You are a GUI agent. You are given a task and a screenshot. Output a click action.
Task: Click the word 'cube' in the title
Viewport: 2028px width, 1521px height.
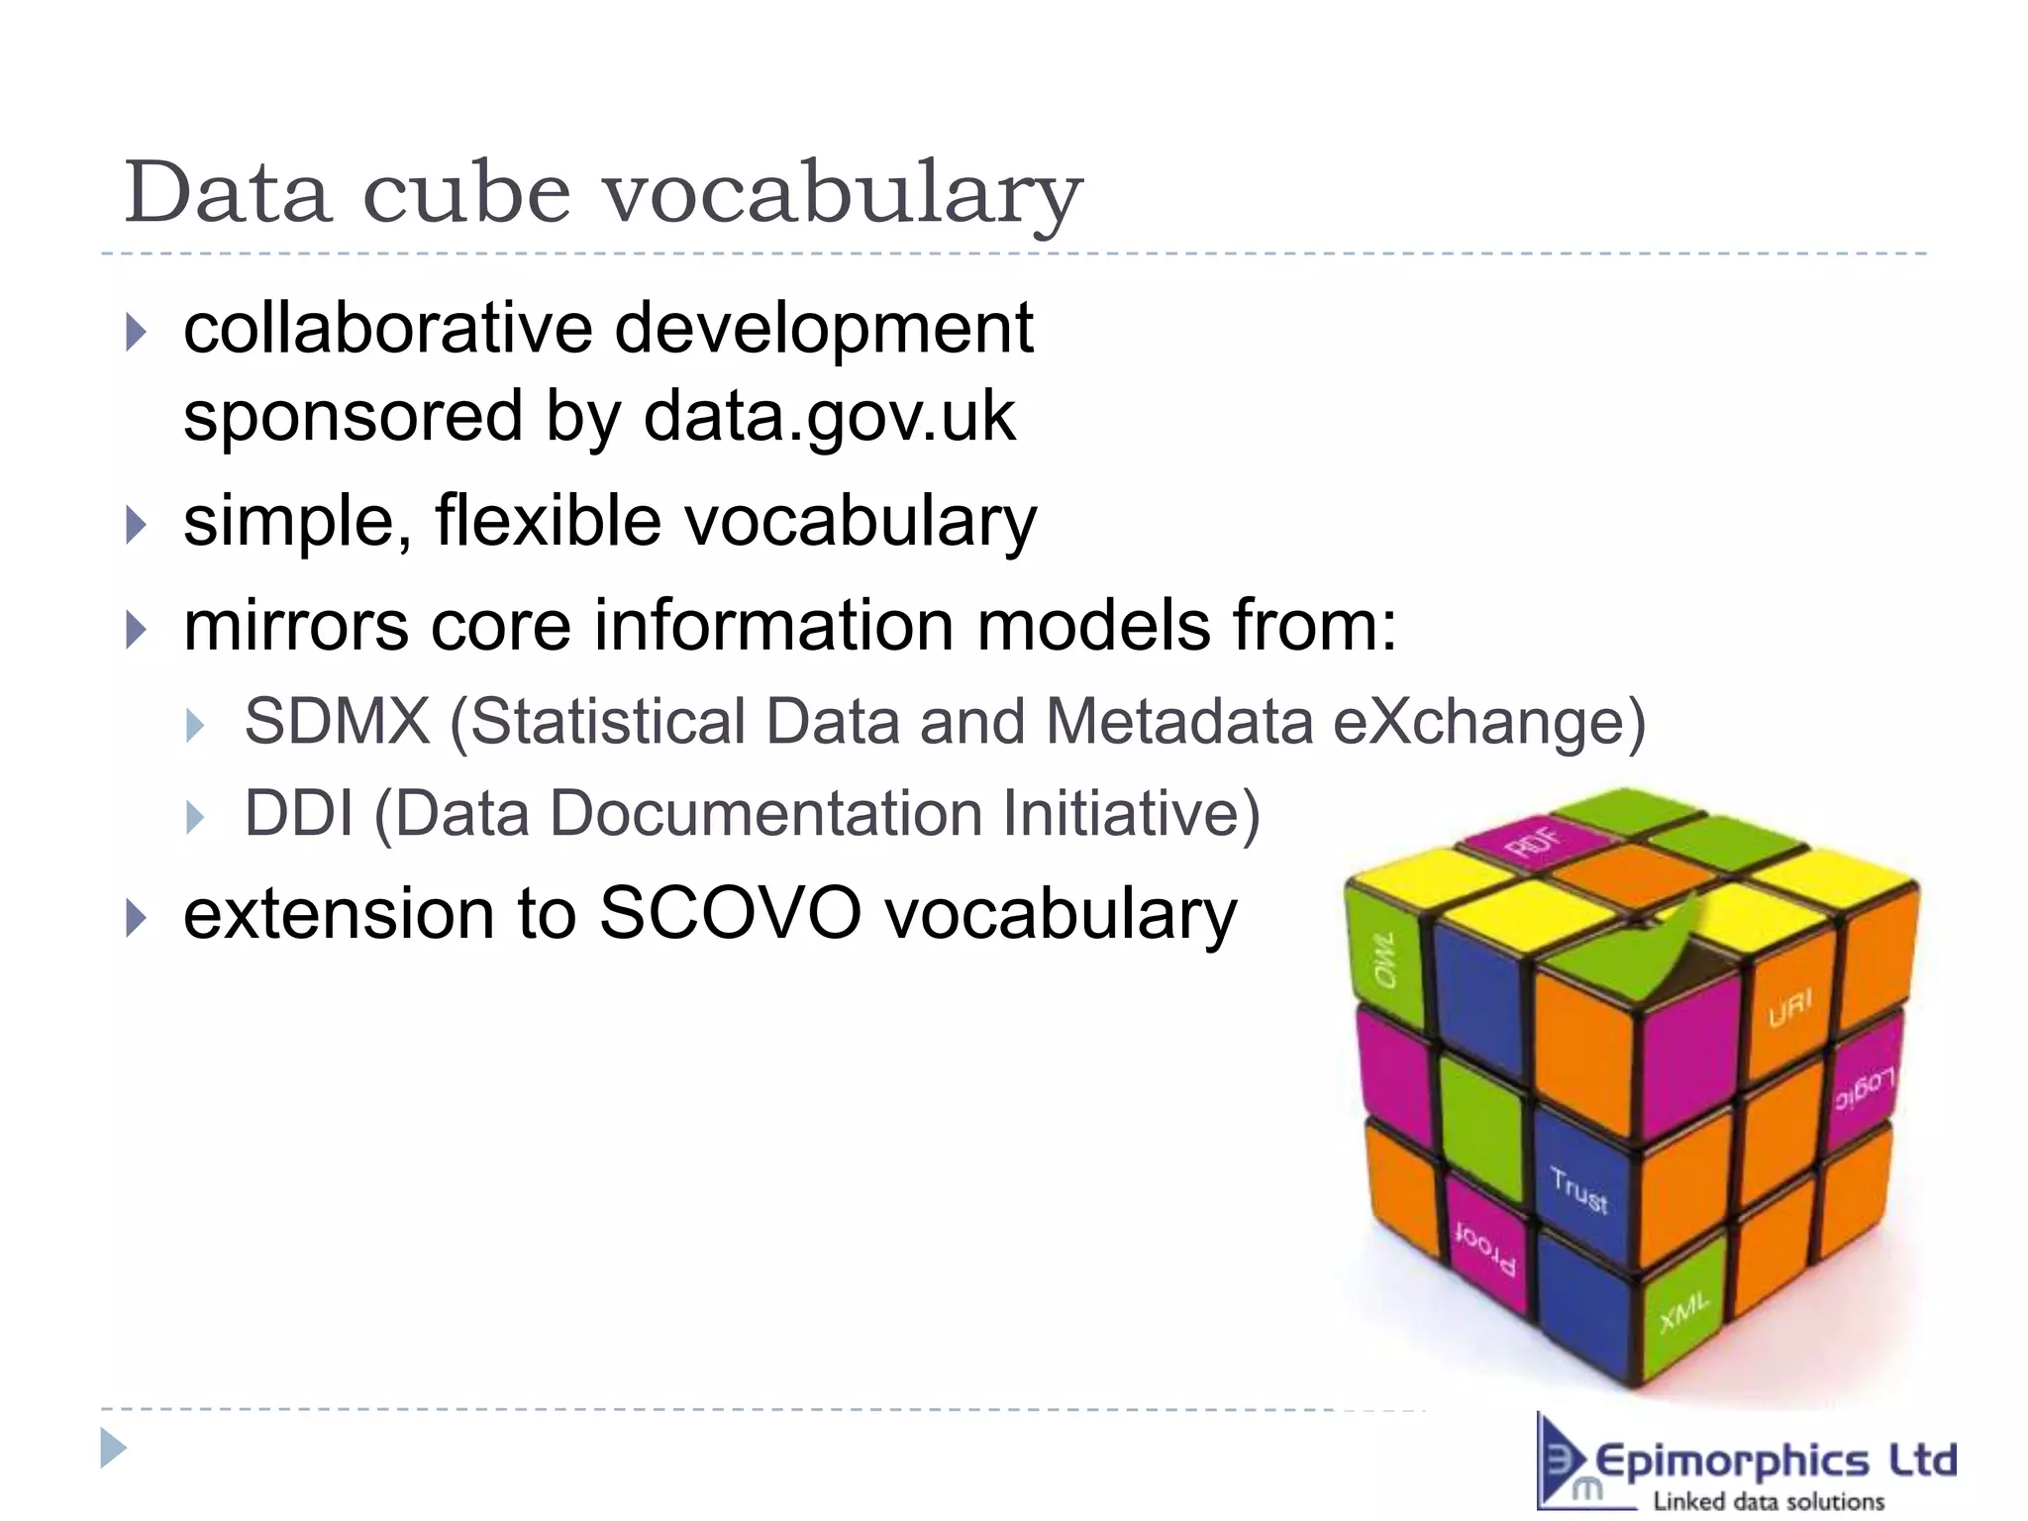[x=466, y=193]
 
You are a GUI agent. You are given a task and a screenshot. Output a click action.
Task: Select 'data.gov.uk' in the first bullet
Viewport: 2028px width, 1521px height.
[x=829, y=417]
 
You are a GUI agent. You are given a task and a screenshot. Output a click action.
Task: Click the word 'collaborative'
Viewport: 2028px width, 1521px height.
[x=387, y=329]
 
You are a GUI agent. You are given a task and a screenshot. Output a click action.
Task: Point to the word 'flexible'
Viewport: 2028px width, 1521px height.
[x=548, y=521]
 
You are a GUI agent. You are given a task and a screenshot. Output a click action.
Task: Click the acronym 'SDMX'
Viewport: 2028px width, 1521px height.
[x=338, y=721]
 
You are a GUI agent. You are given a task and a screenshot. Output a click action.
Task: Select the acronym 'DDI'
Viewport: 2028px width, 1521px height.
[x=298, y=814]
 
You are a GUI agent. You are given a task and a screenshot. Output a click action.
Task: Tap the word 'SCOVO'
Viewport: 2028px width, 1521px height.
[x=730, y=913]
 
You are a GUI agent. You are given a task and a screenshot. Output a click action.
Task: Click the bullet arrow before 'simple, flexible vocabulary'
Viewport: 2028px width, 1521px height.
[x=137, y=524]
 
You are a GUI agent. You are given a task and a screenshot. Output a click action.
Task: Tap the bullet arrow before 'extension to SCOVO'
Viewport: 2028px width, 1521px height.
[x=137, y=917]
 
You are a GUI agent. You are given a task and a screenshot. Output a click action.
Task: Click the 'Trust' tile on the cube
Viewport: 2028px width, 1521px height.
[x=1578, y=1188]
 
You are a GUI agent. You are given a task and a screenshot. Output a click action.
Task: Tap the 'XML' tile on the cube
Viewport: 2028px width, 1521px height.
[x=1683, y=1312]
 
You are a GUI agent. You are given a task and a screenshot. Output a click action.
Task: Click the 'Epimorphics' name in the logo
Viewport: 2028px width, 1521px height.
[x=1732, y=1462]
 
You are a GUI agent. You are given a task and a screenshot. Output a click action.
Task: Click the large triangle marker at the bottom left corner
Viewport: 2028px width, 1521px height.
[x=113, y=1449]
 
